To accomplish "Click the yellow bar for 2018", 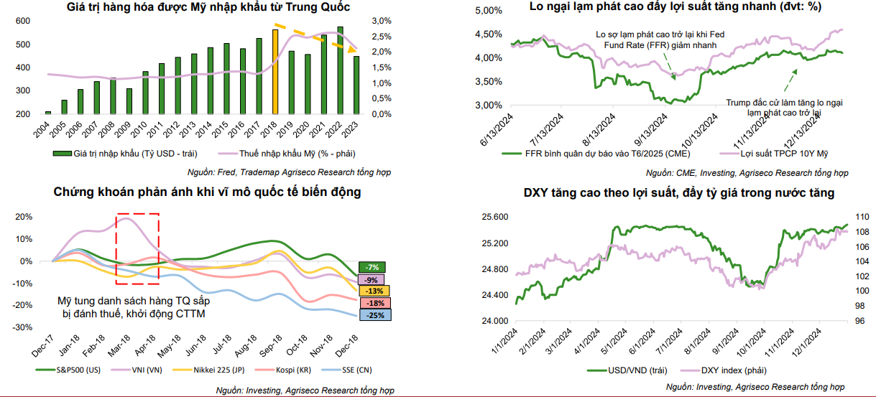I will pyautogui.click(x=275, y=72).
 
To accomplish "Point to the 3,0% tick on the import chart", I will pyautogui.click(x=382, y=21).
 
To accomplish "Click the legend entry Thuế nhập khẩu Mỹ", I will pyautogui.click(x=284, y=153).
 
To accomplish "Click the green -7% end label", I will pyautogui.click(x=372, y=268).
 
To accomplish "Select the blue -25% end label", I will pyautogui.click(x=372, y=315).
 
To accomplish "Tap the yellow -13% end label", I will pyautogui.click(x=372, y=291).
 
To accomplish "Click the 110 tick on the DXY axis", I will pyautogui.click(x=861, y=216).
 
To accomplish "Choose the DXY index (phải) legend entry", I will pyautogui.click(x=733, y=370).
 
